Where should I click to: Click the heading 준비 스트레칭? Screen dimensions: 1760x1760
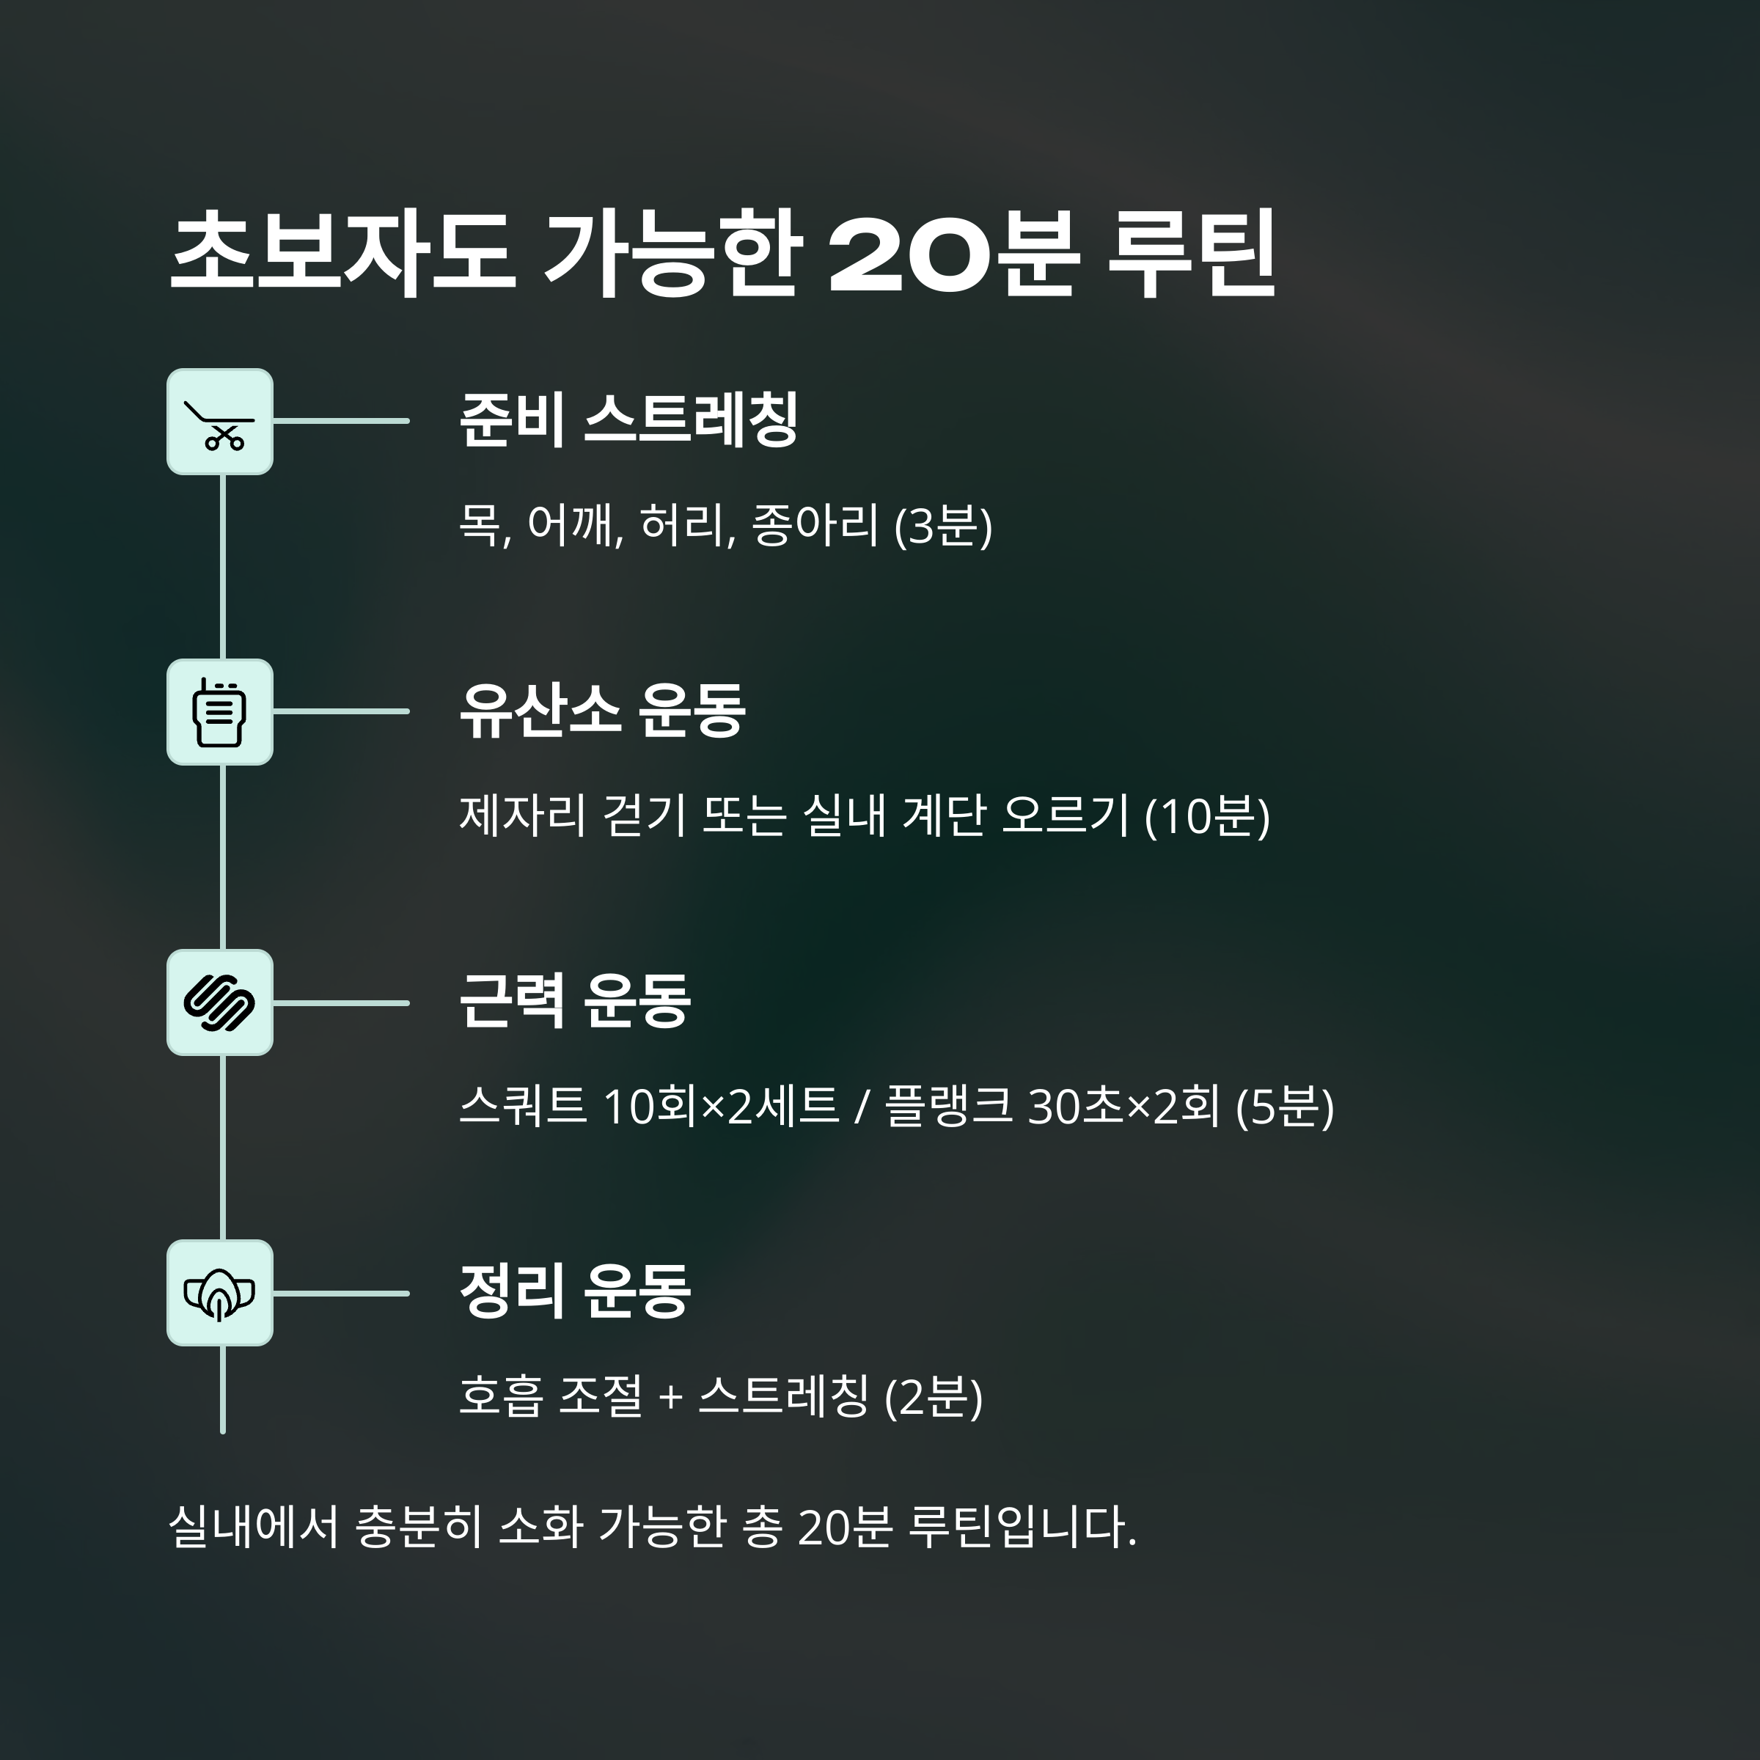(x=628, y=420)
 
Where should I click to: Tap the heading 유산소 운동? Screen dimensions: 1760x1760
(x=602, y=711)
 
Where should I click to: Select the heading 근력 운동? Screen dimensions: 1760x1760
(x=575, y=1001)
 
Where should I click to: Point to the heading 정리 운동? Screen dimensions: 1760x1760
(x=575, y=1291)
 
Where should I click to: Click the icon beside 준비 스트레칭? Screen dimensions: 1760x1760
(x=219, y=422)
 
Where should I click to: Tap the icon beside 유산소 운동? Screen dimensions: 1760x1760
(x=219, y=712)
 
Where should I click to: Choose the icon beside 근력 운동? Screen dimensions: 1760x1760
(x=219, y=1003)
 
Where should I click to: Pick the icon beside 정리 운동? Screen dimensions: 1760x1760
(x=219, y=1294)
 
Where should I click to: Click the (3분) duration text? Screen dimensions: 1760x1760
(x=943, y=526)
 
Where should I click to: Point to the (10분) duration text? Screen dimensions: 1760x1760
(x=1206, y=815)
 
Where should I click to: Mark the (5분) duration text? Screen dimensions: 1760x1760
(x=1285, y=1107)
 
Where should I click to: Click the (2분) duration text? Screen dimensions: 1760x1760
(x=934, y=1396)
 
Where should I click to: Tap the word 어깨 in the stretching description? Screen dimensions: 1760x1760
(x=575, y=526)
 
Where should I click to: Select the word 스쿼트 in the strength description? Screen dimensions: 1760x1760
(x=522, y=1107)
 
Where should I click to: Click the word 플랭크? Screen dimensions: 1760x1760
(x=948, y=1107)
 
